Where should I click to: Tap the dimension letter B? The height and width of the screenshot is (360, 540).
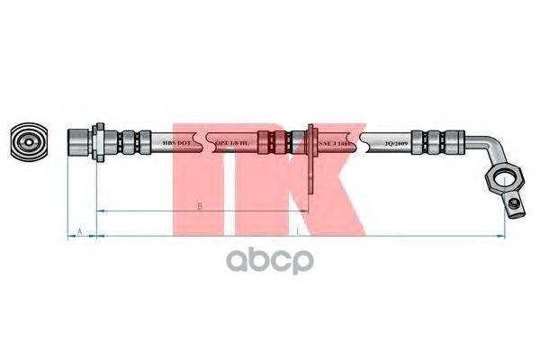click(200, 206)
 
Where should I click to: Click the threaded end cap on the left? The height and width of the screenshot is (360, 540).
click(80, 143)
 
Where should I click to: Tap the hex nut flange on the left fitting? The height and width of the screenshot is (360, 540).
click(102, 143)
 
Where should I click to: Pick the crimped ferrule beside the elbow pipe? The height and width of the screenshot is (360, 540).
click(436, 143)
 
